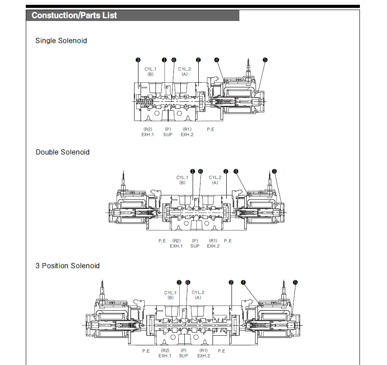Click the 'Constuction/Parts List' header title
point(74,15)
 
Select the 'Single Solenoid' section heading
point(61,41)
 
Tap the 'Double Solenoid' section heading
point(62,152)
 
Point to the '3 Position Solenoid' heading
point(67,266)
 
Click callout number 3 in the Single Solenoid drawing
point(138,60)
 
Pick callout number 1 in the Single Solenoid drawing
point(164,60)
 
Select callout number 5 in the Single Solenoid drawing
point(265,60)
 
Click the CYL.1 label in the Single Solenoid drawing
point(150,69)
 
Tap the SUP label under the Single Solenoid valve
point(168,135)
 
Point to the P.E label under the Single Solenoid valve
point(211,129)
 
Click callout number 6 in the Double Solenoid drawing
point(200,171)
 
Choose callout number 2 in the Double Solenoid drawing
point(226,171)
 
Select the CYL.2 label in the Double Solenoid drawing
point(215,177)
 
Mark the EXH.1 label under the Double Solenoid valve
point(176,246)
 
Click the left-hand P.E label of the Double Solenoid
point(162,241)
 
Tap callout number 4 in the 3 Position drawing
point(243,282)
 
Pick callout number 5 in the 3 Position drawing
point(295,282)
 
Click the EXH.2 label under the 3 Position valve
point(204,356)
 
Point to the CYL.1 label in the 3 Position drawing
point(170,293)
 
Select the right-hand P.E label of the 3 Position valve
point(221,351)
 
